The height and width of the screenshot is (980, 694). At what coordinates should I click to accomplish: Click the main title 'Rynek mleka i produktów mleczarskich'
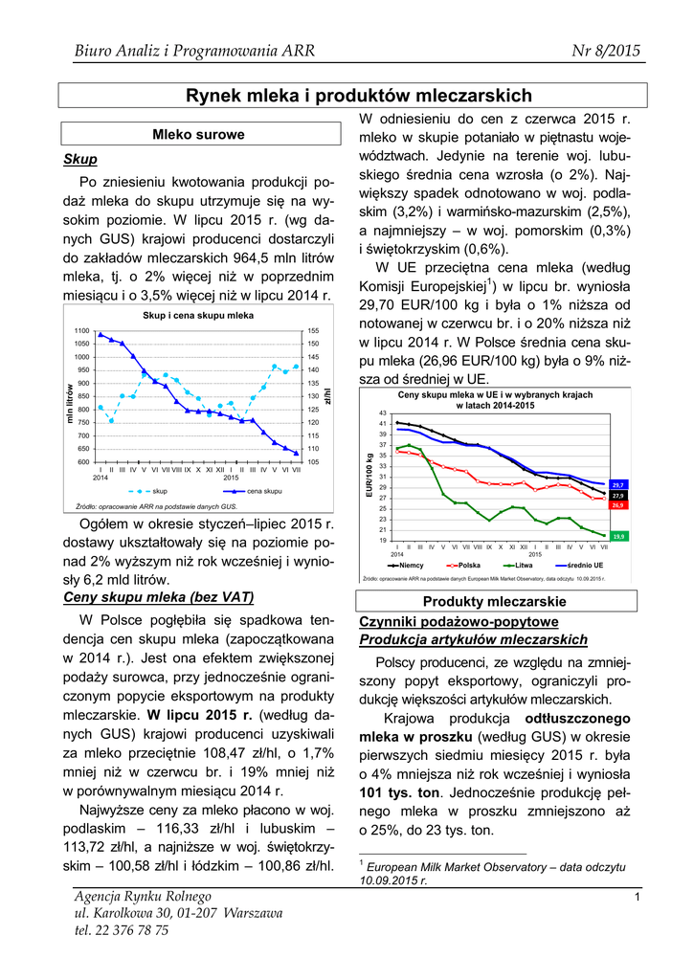pos(358,96)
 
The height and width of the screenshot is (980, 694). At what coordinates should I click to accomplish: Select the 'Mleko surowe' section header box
pos(198,135)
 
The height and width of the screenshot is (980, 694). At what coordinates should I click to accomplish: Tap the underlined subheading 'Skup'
pos(79,159)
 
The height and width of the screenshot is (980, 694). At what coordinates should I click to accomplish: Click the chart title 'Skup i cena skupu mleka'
pos(198,315)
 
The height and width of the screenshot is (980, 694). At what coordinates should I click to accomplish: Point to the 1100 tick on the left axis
pos(81,330)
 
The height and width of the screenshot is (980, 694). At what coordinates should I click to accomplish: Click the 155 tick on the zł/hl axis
pos(313,330)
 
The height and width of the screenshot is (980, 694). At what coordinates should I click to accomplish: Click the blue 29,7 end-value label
pos(617,485)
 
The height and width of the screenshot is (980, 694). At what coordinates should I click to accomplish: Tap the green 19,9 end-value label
pos(617,536)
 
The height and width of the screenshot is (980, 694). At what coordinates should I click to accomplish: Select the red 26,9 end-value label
pos(617,504)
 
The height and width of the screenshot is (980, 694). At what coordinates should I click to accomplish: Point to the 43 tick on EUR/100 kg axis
pos(383,412)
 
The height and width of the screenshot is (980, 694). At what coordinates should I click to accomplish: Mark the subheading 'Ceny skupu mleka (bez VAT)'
pos(158,597)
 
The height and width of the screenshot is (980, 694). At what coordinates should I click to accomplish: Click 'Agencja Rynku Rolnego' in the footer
pos(143,896)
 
